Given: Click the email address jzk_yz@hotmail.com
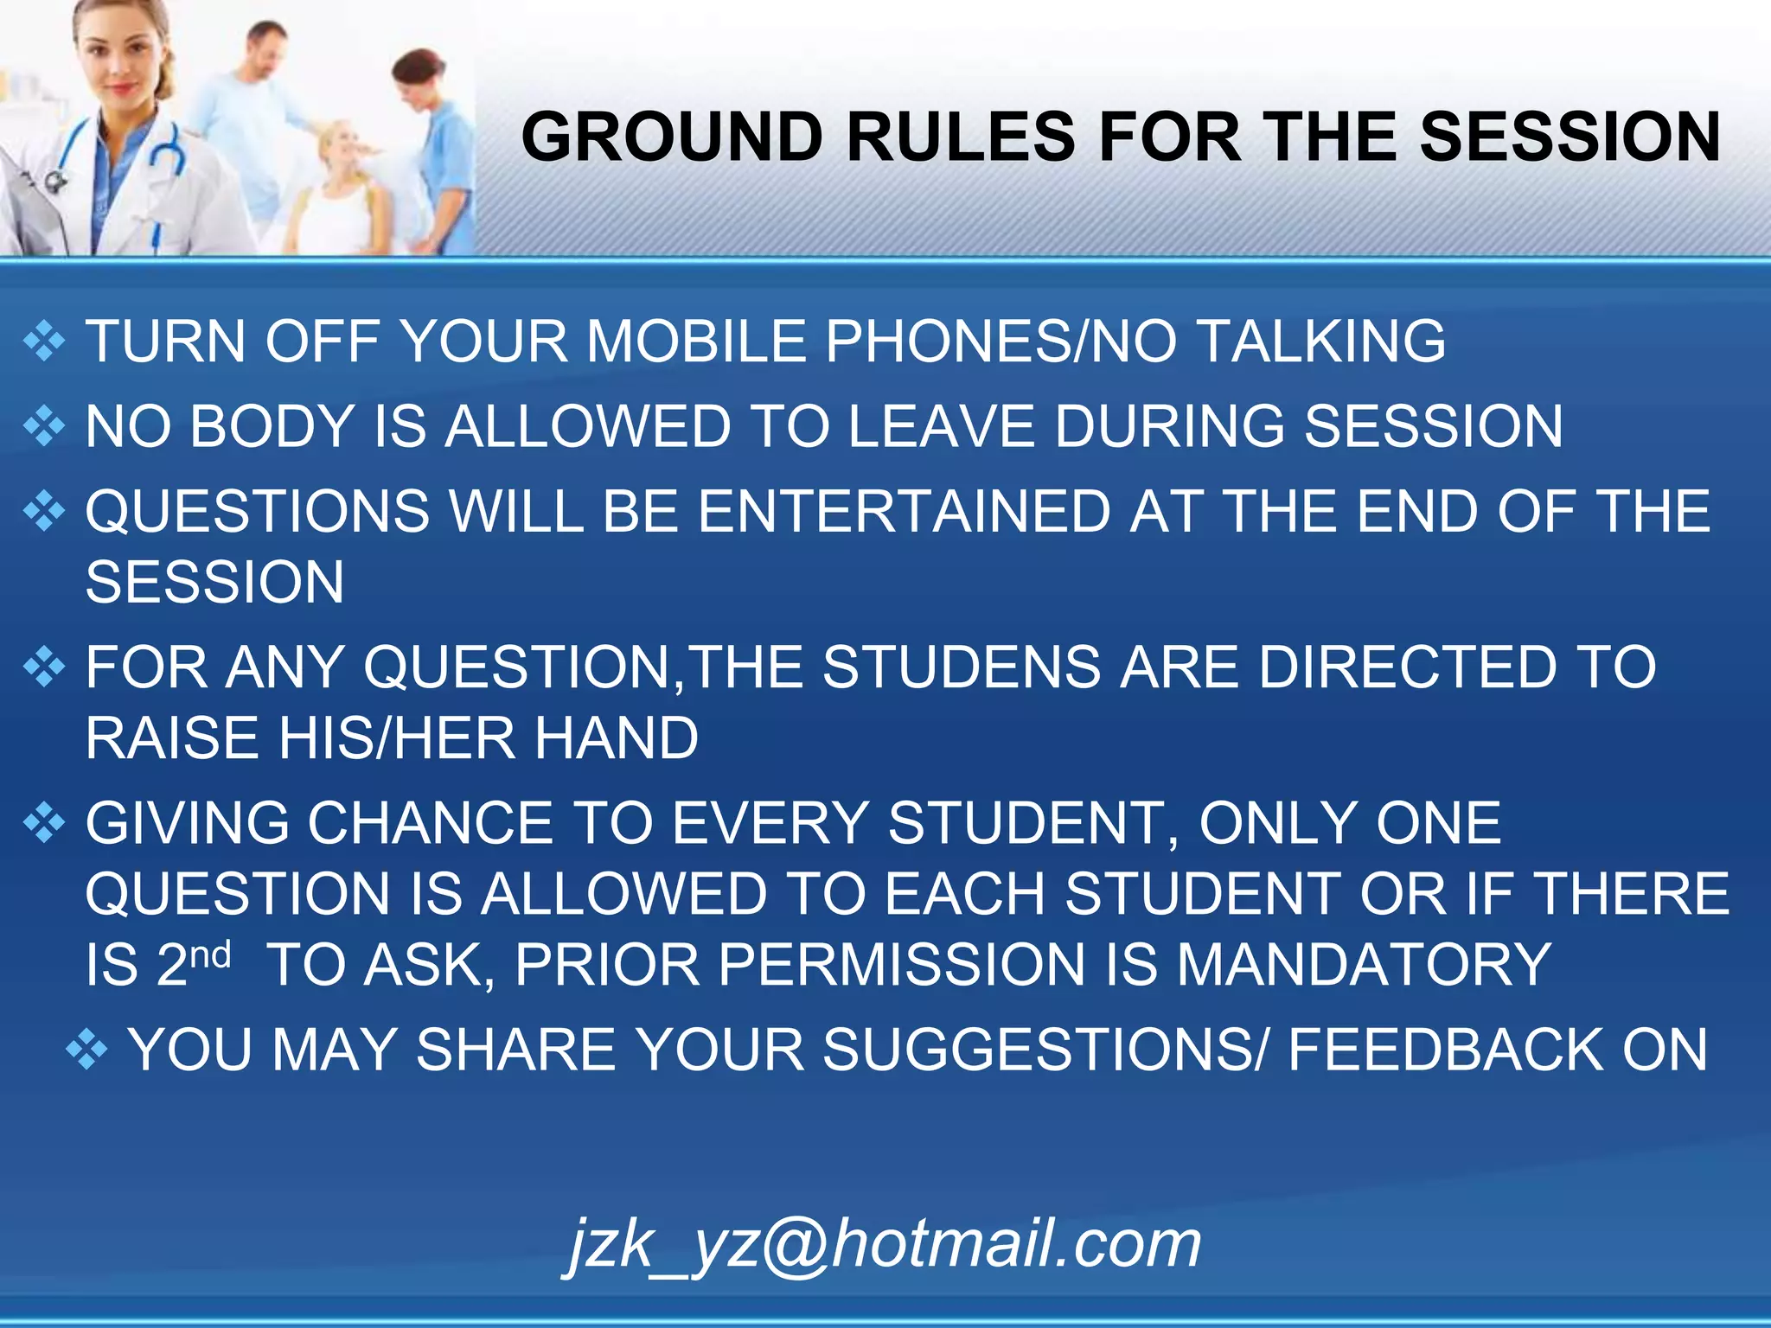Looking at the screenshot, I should [883, 1245].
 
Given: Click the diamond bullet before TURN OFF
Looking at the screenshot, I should [44, 341].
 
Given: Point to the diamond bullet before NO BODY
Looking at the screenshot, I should [44, 426].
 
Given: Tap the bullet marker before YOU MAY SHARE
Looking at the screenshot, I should [86, 1050].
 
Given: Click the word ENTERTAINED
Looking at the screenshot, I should [905, 511].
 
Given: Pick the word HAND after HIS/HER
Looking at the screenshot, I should [616, 738].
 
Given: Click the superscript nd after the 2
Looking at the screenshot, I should [211, 955].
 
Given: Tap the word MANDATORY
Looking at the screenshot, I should [1364, 965].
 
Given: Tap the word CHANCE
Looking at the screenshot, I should [431, 823].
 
